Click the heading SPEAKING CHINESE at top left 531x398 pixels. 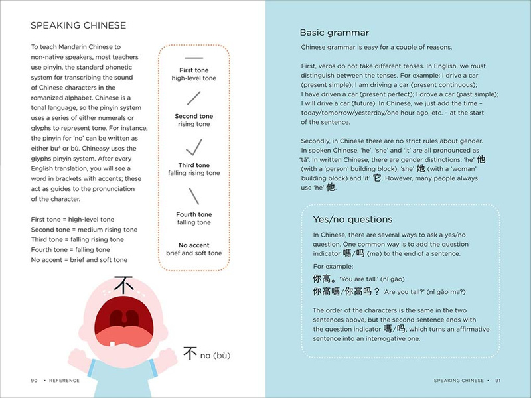click(x=78, y=26)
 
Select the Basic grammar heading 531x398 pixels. click(x=334, y=32)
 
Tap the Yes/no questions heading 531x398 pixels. click(x=352, y=219)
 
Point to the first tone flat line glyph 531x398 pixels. click(x=194, y=58)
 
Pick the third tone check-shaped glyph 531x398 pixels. click(x=194, y=147)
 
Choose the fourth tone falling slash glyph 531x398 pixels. click(x=194, y=196)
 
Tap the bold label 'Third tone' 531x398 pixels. click(x=194, y=165)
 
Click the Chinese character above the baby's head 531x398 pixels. click(x=123, y=285)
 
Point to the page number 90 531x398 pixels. click(x=34, y=381)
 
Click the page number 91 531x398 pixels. click(x=498, y=381)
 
